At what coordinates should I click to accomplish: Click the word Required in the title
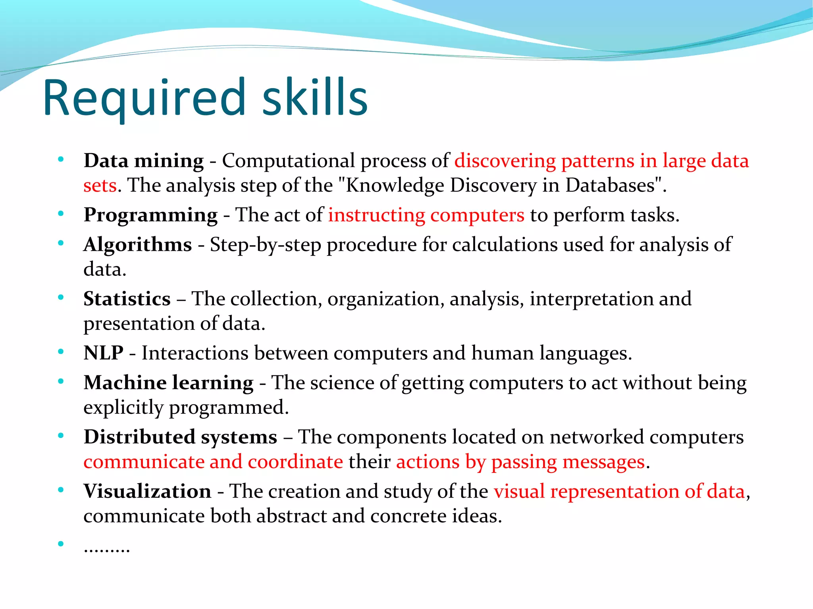click(145, 98)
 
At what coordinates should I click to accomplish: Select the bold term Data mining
click(143, 161)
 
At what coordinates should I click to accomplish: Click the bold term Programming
click(150, 215)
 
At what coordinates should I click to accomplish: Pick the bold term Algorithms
click(137, 245)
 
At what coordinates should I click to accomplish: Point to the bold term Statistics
click(127, 299)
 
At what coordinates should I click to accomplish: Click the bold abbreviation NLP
click(103, 353)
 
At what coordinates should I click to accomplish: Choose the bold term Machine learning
click(168, 383)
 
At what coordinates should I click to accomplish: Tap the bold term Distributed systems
click(180, 437)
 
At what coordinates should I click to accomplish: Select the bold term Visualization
click(147, 492)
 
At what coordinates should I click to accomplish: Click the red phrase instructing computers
click(426, 215)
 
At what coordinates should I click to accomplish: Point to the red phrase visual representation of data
click(619, 492)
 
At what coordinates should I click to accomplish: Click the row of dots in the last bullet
click(106, 549)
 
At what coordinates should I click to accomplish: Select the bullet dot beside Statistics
click(60, 298)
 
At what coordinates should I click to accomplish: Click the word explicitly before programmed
click(123, 408)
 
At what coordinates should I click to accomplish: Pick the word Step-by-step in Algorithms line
click(265, 245)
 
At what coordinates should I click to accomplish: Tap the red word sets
click(100, 186)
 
